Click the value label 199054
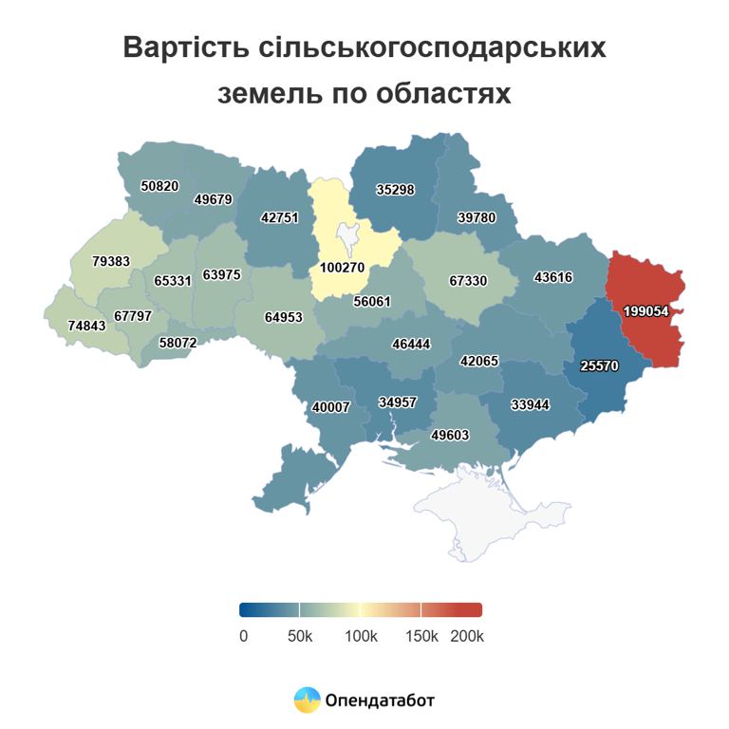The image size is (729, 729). tap(647, 310)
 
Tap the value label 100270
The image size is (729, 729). tap(342, 268)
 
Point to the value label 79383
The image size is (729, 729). tap(111, 259)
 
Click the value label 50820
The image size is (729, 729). tap(159, 186)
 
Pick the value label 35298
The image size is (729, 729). tap(395, 190)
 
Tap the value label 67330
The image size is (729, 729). tap(468, 281)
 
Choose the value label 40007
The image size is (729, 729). tap(331, 407)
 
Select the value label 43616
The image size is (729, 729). tap(553, 278)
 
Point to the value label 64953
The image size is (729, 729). tap(284, 317)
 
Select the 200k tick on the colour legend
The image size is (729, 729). tap(467, 635)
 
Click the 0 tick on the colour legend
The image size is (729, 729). tap(243, 635)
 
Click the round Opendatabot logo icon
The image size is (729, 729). tap(307, 701)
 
